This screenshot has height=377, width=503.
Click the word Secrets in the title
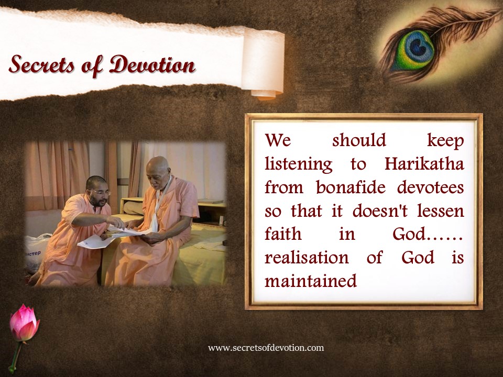pyautogui.click(x=42, y=64)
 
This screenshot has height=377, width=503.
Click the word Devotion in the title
pyautogui.click(x=152, y=64)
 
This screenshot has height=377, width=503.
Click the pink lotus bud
pyautogui.click(x=25, y=323)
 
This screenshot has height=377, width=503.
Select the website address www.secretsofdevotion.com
pyautogui.click(x=266, y=348)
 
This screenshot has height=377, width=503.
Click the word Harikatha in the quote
pyautogui.click(x=424, y=164)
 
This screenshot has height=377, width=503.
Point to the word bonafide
pyautogui.click(x=351, y=187)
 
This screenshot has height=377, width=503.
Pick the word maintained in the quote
pyautogui.click(x=311, y=281)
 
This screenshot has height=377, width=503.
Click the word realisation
pyautogui.click(x=307, y=258)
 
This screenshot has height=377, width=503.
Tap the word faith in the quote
pyautogui.click(x=283, y=234)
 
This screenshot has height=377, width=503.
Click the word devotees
pyautogui.click(x=431, y=187)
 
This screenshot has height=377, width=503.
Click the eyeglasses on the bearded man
pyautogui.click(x=100, y=192)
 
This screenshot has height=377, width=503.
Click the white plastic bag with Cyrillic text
pyautogui.click(x=37, y=252)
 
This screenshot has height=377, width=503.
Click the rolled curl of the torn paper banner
pyautogui.click(x=263, y=64)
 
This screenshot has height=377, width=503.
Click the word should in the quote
pyautogui.click(x=359, y=141)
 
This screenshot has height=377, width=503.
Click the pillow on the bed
pyautogui.click(x=133, y=208)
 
